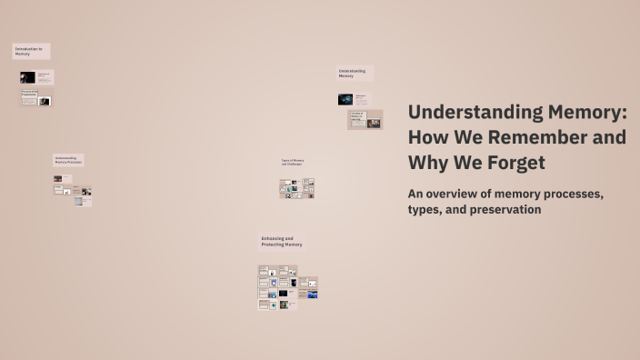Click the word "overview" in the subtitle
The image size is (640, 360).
459,194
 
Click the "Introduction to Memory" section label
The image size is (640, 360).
30,51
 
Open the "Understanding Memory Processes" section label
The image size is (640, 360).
68,160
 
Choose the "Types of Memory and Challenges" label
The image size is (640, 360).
294,163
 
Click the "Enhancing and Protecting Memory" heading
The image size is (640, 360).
282,242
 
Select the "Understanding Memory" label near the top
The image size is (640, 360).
354,73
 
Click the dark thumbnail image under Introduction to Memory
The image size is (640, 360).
27,78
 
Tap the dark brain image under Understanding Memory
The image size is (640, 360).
346,99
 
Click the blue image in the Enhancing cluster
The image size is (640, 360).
312,295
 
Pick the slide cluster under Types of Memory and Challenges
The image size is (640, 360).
296,188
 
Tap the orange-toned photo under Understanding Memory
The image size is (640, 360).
374,123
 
